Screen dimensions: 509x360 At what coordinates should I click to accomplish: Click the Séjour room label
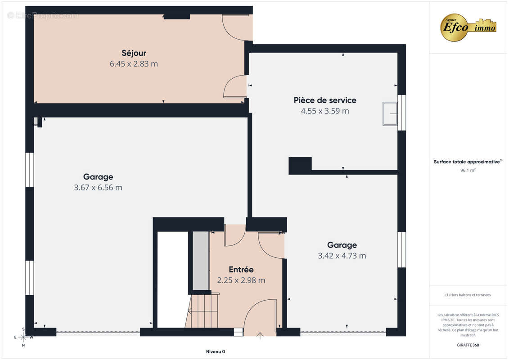[134, 53]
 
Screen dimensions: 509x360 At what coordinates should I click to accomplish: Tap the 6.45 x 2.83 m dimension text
[134, 64]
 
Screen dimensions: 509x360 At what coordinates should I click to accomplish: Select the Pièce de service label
[325, 100]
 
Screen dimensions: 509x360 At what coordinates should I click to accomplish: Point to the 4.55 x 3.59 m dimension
[325, 111]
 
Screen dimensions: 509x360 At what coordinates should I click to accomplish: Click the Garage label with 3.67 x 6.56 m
[98, 177]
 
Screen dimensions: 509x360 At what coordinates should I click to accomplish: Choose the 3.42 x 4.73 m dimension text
[342, 256]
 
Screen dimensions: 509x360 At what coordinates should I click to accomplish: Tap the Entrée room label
[241, 270]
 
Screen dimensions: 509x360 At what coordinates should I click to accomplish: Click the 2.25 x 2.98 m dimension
[241, 280]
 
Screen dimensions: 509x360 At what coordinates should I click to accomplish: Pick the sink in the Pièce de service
[390, 113]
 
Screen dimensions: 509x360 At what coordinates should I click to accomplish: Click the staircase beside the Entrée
[203, 310]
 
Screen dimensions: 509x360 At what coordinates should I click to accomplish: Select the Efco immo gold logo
[468, 27]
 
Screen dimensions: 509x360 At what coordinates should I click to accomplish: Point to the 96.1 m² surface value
[468, 170]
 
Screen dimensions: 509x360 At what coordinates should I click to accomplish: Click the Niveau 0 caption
[216, 351]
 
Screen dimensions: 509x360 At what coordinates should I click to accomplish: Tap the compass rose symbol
[23, 337]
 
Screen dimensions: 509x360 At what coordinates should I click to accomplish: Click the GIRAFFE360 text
[468, 345]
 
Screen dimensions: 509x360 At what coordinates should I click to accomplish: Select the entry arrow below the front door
[260, 336]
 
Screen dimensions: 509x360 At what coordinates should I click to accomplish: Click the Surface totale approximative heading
[468, 162]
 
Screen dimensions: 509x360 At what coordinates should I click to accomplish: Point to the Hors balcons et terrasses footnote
[468, 295]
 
